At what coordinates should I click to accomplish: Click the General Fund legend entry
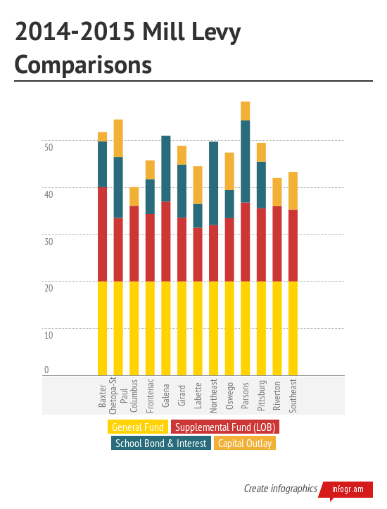click(x=137, y=427)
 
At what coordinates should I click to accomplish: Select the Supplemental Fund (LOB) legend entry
click(x=225, y=427)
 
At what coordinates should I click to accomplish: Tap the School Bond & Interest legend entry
click(x=160, y=443)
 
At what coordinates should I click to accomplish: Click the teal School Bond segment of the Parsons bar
click(x=246, y=161)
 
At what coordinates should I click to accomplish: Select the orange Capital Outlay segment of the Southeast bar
click(x=293, y=191)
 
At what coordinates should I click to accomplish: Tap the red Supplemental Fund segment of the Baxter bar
click(x=103, y=234)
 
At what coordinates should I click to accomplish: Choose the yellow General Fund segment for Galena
click(x=166, y=327)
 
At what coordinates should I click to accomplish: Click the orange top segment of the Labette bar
click(x=198, y=185)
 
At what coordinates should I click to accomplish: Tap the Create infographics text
click(x=279, y=489)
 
